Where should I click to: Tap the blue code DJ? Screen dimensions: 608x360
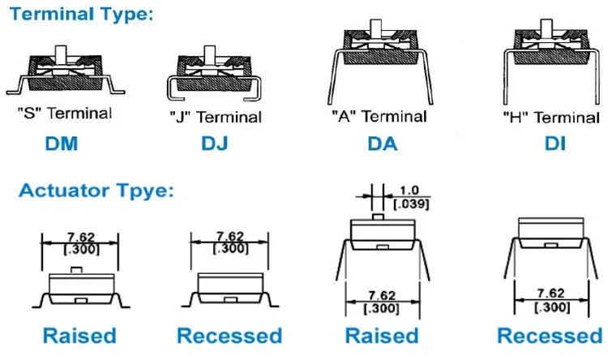(215, 144)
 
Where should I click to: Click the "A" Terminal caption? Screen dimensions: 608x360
(379, 116)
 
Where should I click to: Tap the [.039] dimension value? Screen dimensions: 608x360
(412, 203)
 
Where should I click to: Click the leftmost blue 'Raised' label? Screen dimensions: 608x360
(79, 335)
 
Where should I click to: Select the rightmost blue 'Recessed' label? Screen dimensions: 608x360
(550, 335)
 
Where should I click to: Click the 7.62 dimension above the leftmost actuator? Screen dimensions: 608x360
(80, 238)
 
